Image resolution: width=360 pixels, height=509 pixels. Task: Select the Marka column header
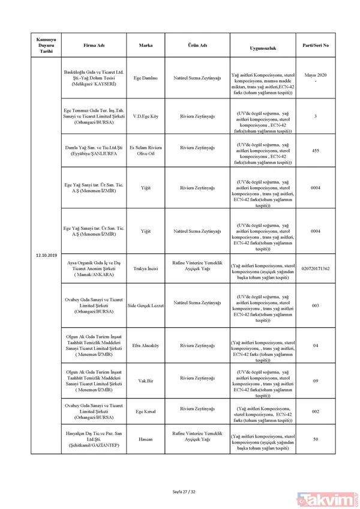point(145,46)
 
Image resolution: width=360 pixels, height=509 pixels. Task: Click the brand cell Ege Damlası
point(145,79)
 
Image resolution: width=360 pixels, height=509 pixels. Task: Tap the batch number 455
point(315,151)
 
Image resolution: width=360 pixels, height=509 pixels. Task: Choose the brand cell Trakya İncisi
point(145,268)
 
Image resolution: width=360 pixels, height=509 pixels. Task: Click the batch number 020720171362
point(315,268)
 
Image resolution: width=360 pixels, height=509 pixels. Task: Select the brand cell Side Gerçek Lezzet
point(145,306)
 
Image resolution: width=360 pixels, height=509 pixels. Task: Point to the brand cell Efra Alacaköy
point(145,345)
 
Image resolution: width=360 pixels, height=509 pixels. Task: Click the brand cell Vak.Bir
point(145,380)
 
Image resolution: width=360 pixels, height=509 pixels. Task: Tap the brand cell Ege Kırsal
point(145,411)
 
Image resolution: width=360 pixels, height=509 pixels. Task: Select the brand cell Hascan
point(145,439)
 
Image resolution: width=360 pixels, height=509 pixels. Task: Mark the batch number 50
point(315,439)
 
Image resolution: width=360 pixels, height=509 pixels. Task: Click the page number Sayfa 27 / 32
point(179,492)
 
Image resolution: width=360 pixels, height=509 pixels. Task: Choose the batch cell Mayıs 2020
point(315,74)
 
